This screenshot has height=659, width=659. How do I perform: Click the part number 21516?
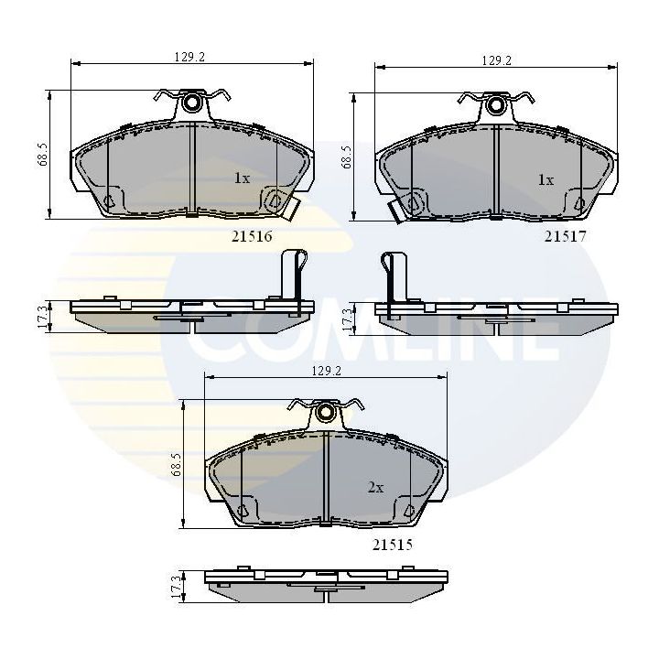[254, 235]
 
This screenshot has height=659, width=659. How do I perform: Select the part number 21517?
[565, 235]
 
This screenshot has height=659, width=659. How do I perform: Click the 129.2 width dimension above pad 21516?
[189, 57]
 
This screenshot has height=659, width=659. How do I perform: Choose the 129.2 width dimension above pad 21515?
[326, 371]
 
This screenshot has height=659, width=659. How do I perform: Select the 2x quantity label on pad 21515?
[374, 488]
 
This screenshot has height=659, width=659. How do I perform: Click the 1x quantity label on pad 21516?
[241, 178]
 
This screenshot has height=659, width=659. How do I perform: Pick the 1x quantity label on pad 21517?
[545, 179]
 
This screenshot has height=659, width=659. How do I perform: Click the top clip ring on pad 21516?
[192, 103]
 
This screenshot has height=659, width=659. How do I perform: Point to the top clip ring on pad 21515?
[326, 413]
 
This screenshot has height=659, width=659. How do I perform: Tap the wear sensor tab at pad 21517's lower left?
[397, 210]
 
